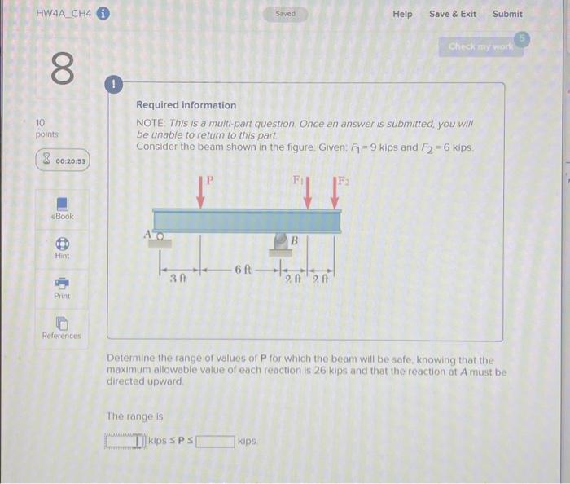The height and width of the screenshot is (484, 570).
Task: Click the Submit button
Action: [507, 14]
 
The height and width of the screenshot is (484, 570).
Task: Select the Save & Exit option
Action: [453, 14]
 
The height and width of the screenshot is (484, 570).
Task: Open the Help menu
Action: [402, 14]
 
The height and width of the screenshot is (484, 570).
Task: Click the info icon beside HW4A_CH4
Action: [103, 14]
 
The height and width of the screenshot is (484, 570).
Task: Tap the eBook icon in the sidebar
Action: [62, 203]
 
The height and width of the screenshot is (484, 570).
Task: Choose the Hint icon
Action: [62, 244]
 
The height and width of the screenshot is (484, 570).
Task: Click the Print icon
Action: [62, 284]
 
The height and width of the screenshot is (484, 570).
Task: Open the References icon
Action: [62, 323]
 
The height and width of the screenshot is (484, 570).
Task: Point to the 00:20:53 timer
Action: [64, 161]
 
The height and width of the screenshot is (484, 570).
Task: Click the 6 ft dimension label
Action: [243, 269]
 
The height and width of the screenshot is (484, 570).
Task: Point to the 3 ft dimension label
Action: [178, 278]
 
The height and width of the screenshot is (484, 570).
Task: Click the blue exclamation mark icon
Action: [114, 84]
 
